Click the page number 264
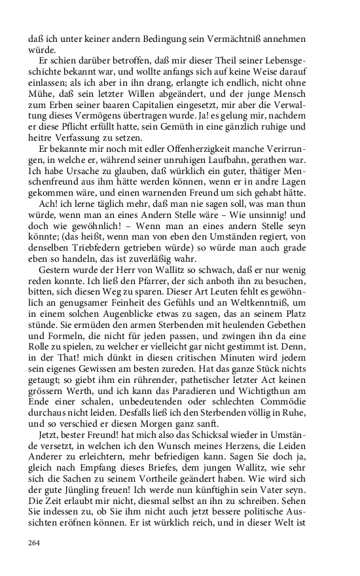(x=34, y=542)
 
